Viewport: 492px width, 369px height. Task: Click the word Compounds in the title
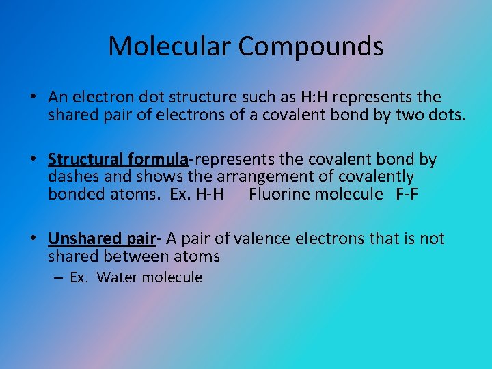point(311,46)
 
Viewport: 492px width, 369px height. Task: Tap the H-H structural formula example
point(209,194)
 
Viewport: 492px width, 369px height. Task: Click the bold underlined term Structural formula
point(118,160)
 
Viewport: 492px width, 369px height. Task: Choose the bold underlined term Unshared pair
point(102,239)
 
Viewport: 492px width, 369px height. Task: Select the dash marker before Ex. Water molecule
point(57,277)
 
